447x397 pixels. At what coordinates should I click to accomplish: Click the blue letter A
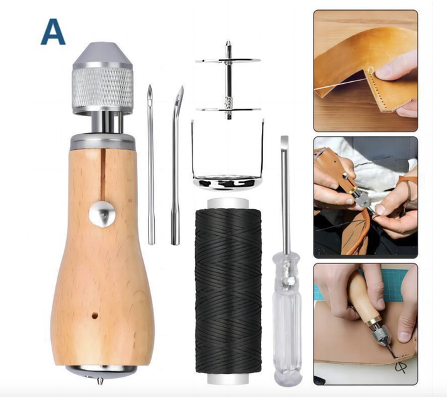pyautogui.click(x=53, y=32)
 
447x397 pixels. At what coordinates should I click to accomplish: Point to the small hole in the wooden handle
pyautogui.click(x=94, y=316)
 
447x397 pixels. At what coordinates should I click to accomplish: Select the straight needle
pyautogui.click(x=151, y=164)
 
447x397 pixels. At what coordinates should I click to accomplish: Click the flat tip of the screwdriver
pyautogui.click(x=285, y=140)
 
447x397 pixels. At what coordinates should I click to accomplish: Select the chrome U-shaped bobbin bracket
pyautogui.click(x=227, y=160)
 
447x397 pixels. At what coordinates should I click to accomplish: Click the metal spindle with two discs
pyautogui.click(x=228, y=81)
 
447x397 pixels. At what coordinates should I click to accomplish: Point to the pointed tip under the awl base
pyautogui.click(x=99, y=381)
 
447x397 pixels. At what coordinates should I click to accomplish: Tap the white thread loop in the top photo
pyautogui.click(x=370, y=70)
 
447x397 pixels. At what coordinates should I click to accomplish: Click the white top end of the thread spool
pyautogui.click(x=228, y=203)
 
